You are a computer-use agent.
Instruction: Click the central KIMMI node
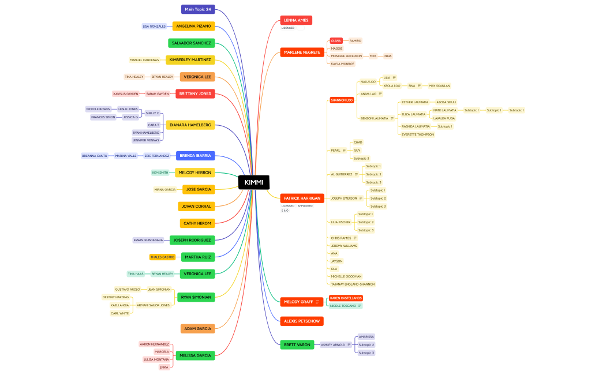pyautogui.click(x=253, y=182)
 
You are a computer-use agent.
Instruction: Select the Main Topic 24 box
pyautogui.click(x=198, y=9)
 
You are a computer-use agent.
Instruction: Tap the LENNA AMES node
pyautogui.click(x=296, y=20)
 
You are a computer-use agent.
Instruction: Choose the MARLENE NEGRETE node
pyautogui.click(x=302, y=52)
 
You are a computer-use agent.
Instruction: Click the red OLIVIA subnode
pyautogui.click(x=336, y=41)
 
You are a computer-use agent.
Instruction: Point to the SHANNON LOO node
pyautogui.click(x=342, y=100)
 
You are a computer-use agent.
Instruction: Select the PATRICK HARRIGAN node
pyautogui.click(x=302, y=198)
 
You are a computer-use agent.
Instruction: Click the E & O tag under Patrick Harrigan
pyautogui.click(x=285, y=211)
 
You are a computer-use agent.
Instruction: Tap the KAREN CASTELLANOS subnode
pyautogui.click(x=346, y=298)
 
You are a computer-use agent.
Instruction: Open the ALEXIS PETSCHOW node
pyautogui.click(x=302, y=321)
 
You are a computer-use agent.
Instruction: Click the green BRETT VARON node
pyautogui.click(x=297, y=345)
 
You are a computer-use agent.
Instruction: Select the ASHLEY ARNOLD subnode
pyautogui.click(x=333, y=345)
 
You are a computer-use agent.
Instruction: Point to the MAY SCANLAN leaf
pyautogui.click(x=439, y=85)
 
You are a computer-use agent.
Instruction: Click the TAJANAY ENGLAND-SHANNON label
pyautogui.click(x=353, y=284)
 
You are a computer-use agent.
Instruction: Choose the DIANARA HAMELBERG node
pyautogui.click(x=190, y=125)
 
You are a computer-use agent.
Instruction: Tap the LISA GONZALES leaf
pyautogui.click(x=154, y=27)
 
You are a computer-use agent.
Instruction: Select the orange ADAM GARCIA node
pyautogui.click(x=197, y=329)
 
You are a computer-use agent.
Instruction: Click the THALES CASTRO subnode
pyautogui.click(x=162, y=257)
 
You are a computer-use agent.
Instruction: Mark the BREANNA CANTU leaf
pyautogui.click(x=95, y=156)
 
